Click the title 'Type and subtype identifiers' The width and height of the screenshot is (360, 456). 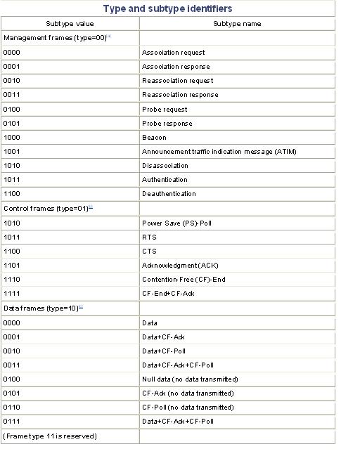point(167,8)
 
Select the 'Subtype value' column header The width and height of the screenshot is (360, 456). point(70,24)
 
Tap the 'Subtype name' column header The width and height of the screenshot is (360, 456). point(237,24)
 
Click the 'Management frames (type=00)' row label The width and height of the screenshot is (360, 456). point(56,38)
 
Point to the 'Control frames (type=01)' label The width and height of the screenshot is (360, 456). point(46,209)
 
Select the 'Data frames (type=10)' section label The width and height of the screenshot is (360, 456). point(41,308)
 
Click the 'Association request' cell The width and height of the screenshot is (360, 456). point(174,53)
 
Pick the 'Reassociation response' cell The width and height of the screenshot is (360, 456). point(180,95)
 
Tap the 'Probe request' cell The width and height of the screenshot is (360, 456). point(165,110)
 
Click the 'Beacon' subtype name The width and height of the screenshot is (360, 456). point(154,138)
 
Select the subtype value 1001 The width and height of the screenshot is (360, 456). point(12,152)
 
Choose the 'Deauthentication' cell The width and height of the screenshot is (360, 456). point(169,194)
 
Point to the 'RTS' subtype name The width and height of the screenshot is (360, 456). point(149,237)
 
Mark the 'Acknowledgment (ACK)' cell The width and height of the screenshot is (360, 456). point(180,266)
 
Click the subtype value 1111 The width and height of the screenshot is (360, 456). point(12,294)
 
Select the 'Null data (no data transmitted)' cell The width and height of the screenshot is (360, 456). point(190,379)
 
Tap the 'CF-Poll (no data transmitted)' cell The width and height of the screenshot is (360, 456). point(188,408)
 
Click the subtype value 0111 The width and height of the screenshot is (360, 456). point(12,422)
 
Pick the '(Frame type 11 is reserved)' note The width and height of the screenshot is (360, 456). point(50,436)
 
